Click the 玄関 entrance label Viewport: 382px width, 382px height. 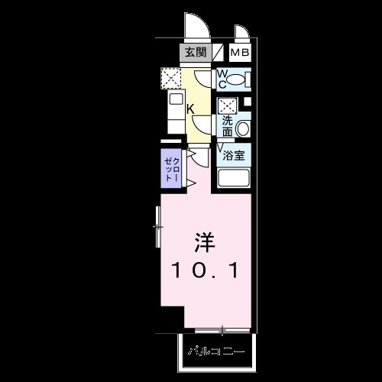tap(195, 53)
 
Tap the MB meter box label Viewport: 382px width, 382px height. tap(240, 53)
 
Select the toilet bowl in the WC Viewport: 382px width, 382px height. tap(240, 79)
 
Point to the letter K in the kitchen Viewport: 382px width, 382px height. tap(190, 108)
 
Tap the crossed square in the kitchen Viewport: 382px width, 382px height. tap(170, 77)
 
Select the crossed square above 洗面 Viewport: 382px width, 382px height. tap(227, 106)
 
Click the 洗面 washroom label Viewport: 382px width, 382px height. tap(228, 126)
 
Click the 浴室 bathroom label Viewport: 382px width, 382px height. tap(234, 155)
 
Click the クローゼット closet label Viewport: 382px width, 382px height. tap(172, 167)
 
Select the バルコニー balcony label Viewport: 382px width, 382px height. tap(217, 353)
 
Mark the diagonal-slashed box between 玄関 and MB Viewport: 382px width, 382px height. tap(219, 53)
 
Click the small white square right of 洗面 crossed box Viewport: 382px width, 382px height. tap(246, 102)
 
